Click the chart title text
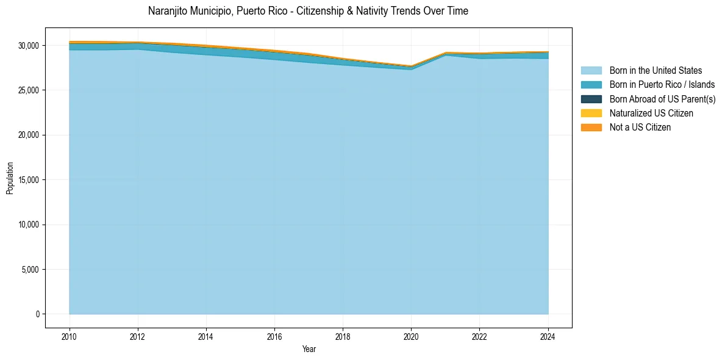308,11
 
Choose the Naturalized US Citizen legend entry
651,113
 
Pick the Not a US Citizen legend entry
640,128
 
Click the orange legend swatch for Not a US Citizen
591,128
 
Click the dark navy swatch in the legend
591,99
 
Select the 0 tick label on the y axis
37,314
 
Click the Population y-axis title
10,178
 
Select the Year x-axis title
309,349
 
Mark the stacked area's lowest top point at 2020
411,66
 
